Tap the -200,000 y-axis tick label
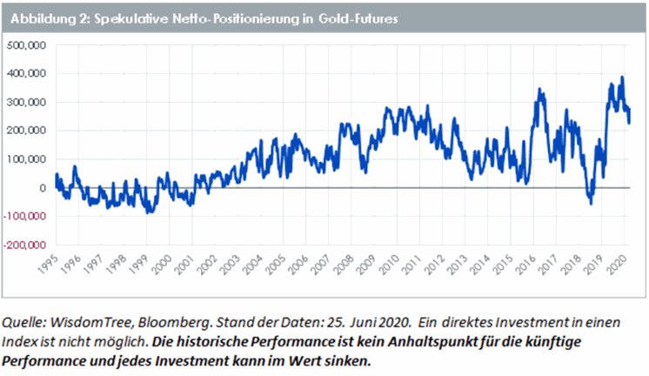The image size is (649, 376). tap(27, 245)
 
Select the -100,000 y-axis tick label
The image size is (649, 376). tap(27, 217)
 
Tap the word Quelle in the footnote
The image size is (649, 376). tap(27, 320)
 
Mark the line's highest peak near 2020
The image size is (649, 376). tap(621, 77)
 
